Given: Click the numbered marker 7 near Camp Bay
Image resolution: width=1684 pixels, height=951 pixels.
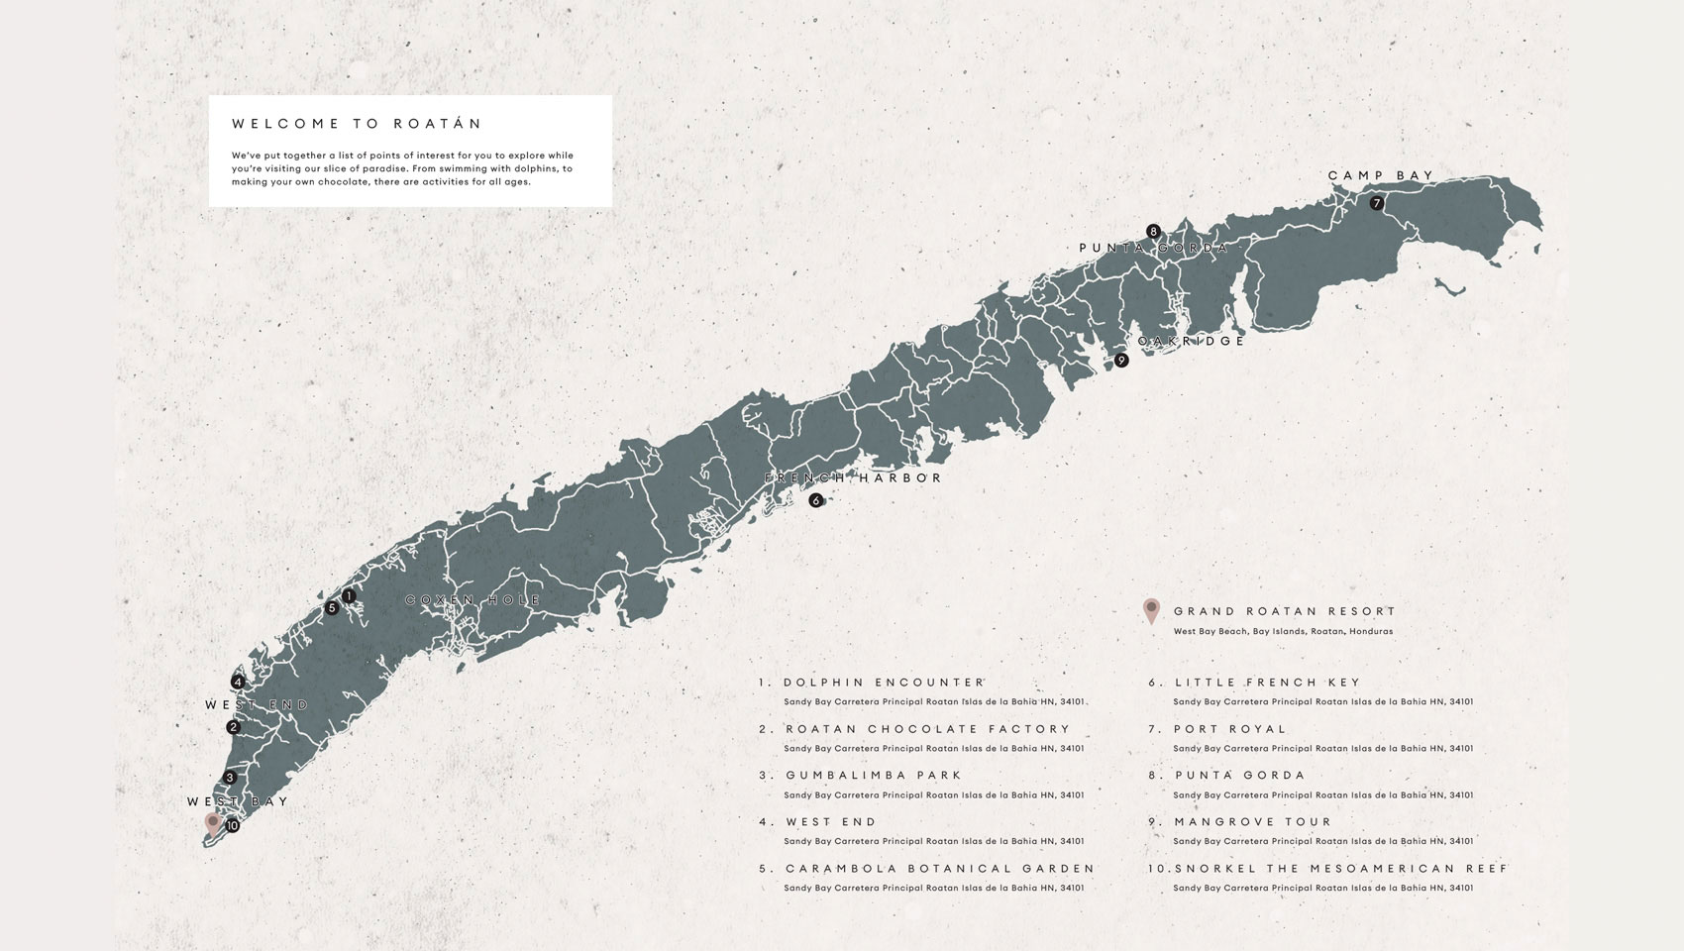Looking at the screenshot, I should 1376,203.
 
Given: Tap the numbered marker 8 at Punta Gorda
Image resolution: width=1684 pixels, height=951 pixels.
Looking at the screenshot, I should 1153,231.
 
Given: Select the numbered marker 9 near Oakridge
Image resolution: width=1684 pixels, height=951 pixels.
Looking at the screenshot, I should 1121,361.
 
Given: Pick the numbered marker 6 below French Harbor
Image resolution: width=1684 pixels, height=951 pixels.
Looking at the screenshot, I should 815,500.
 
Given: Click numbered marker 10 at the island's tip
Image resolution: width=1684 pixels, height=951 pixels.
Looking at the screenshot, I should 232,825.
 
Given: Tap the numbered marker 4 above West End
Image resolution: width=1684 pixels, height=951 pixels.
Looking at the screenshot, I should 238,682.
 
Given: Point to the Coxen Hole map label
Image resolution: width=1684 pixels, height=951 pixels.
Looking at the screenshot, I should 474,600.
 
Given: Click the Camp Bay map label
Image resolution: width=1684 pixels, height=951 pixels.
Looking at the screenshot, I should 1381,175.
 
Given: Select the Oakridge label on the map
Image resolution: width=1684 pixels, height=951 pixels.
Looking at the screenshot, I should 1191,341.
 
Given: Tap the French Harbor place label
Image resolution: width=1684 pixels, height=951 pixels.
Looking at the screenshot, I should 853,477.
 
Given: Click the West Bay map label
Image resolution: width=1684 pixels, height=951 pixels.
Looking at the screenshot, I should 238,801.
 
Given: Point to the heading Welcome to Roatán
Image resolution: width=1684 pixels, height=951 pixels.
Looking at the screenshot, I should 357,124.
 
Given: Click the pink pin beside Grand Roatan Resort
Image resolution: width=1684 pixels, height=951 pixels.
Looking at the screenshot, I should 1151,610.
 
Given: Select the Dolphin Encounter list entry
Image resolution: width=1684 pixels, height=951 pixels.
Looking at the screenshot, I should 884,683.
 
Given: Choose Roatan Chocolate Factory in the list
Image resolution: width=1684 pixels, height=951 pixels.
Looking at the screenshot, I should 928,729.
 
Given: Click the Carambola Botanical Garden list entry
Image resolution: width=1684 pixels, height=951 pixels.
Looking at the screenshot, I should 940,869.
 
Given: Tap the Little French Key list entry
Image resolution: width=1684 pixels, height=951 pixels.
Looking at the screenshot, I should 1268,683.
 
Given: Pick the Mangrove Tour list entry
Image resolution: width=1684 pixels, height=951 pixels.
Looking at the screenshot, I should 1253,822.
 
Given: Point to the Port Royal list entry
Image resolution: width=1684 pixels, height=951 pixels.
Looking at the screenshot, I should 1230,729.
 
